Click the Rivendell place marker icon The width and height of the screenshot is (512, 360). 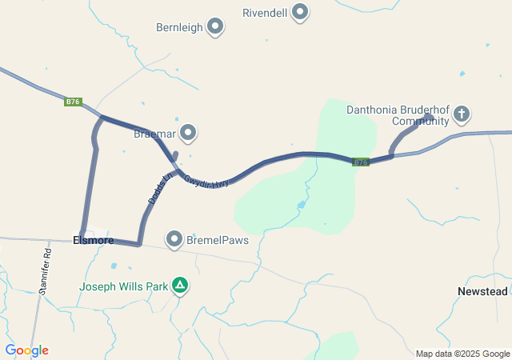point(300,12)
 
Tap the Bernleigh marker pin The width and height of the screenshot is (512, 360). point(215,26)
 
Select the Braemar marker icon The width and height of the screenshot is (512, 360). point(188,132)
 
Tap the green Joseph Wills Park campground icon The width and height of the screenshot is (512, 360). point(182,285)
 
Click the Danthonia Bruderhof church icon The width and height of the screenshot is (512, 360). point(461,114)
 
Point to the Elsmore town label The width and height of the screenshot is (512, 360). point(93,240)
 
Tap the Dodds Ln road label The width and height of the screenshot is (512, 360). point(160,186)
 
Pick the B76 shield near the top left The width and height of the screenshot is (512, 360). point(74,102)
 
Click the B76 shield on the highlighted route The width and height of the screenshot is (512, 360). point(362,162)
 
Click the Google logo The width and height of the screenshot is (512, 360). point(26,350)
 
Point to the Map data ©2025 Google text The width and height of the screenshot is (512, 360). point(462,354)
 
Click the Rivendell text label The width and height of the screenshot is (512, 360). point(265,13)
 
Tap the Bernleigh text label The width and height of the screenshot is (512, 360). point(180,27)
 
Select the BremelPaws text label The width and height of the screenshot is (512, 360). point(218,239)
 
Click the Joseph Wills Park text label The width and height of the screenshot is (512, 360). point(124,286)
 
